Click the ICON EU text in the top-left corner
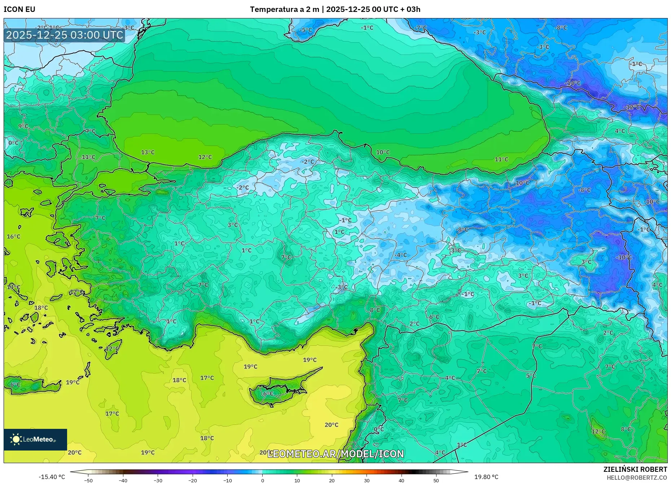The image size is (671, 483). point(19,9)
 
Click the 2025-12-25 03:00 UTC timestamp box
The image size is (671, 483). point(65,35)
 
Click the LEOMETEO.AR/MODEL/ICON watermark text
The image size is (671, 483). point(335,454)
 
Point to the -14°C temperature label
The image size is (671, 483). point(573,83)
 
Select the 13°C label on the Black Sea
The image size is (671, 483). point(148,152)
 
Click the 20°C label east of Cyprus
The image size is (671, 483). point(331,425)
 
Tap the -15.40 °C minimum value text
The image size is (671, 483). point(52,477)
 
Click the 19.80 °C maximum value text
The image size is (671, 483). point(486,477)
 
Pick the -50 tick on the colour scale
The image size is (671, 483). point(88,480)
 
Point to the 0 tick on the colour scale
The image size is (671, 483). point(262,480)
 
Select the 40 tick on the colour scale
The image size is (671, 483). point(401,480)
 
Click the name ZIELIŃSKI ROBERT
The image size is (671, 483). point(635,469)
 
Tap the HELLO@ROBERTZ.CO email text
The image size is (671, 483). point(636,478)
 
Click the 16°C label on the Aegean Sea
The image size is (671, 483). point(14,237)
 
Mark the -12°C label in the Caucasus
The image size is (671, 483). point(632,108)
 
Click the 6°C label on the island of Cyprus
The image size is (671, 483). point(268,394)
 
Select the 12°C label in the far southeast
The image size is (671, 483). point(598,432)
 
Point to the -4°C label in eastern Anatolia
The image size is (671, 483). point(400,255)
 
